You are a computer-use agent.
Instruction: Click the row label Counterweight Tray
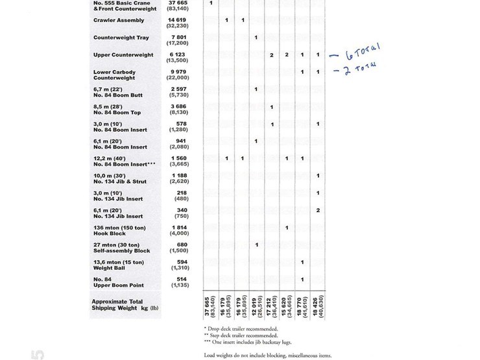pyautogui.click(x=121, y=38)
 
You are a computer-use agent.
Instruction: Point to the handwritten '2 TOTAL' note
pyautogui.click(x=359, y=67)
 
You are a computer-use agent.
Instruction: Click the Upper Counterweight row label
pyautogui.click(x=123, y=55)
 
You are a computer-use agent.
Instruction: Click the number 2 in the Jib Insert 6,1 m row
pyautogui.click(x=318, y=210)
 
